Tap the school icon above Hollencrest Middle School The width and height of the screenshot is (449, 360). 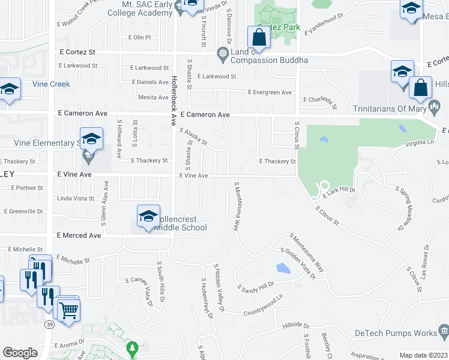pyautogui.click(x=148, y=217)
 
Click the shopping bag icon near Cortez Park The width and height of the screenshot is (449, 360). pyautogui.click(x=258, y=37)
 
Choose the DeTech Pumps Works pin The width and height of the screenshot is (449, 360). pyautogui.click(x=444, y=331)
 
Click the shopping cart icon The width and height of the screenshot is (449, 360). pyautogui.click(x=69, y=310)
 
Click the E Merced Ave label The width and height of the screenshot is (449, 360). pyautogui.click(x=79, y=236)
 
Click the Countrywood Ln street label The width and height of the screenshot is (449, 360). pyautogui.click(x=263, y=305)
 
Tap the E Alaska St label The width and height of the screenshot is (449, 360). pyautogui.click(x=193, y=137)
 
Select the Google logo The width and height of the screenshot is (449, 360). pyautogui.click(x=20, y=353)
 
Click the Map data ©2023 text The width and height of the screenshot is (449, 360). pyautogui.click(x=423, y=355)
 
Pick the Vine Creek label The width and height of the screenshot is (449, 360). pyautogui.click(x=51, y=85)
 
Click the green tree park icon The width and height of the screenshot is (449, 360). pyautogui.click(x=132, y=347)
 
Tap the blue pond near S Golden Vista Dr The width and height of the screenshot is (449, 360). pyautogui.click(x=280, y=268)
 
